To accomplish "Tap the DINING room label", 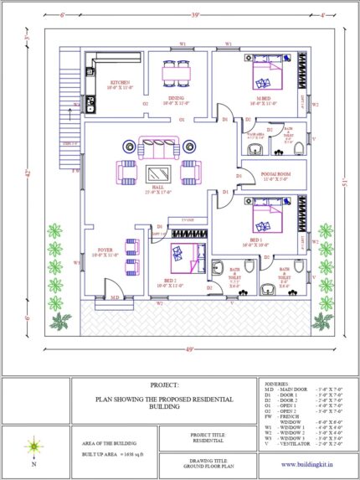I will coord(176,98).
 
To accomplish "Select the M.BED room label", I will coord(264,98).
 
